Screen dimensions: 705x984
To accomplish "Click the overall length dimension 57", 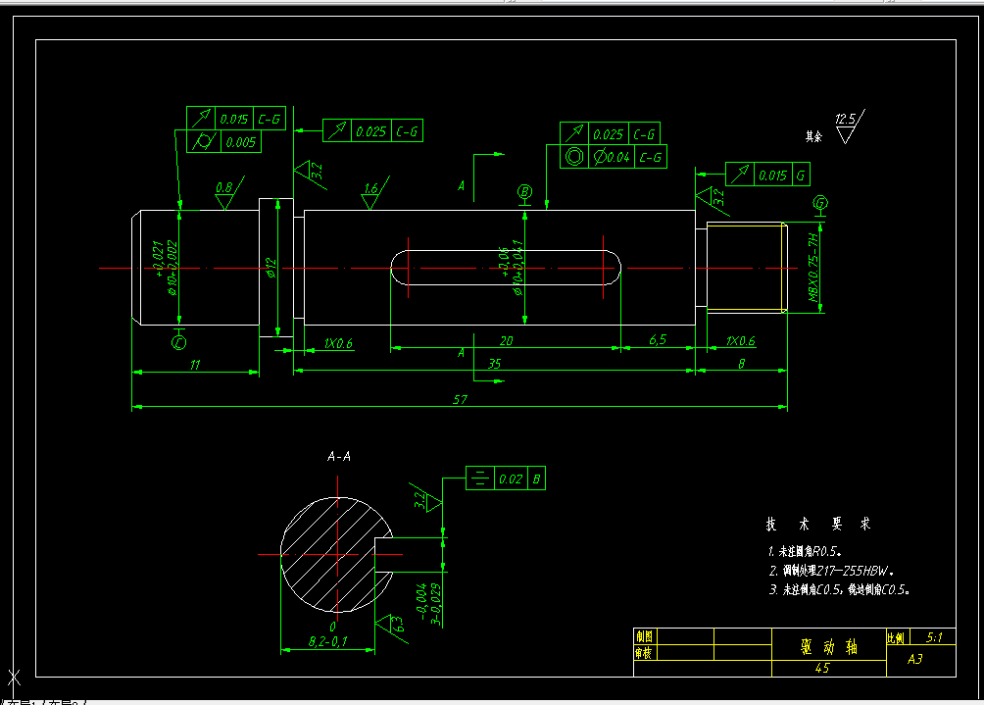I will [459, 399].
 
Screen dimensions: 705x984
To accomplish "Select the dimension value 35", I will [494, 363].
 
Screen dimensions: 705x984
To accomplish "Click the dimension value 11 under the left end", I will [194, 365].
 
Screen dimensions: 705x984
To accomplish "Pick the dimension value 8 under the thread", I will [741, 363].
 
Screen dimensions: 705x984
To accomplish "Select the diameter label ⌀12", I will [271, 267].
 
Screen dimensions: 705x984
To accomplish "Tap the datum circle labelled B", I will [525, 192].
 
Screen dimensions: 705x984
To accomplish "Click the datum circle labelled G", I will [821, 204].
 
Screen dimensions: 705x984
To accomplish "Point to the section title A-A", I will [339, 456].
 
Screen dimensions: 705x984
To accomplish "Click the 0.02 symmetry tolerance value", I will [510, 479].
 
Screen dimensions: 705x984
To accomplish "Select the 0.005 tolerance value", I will [239, 143].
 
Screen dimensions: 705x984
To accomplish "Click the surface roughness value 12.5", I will [845, 120].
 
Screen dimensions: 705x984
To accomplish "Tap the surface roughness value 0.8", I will [223, 186].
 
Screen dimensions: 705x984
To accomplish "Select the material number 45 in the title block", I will [822, 668].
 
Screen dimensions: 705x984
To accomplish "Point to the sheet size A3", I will [915, 659].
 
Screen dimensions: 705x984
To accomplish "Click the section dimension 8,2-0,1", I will [327, 641].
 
